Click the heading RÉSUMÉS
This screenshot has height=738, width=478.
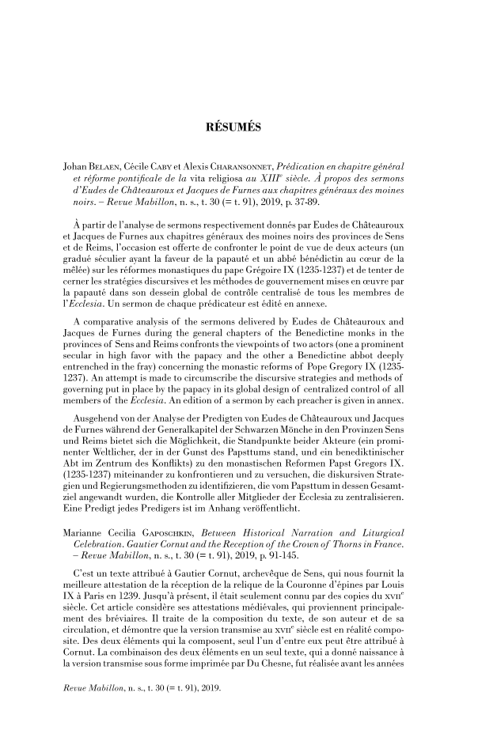click(x=238, y=127)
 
